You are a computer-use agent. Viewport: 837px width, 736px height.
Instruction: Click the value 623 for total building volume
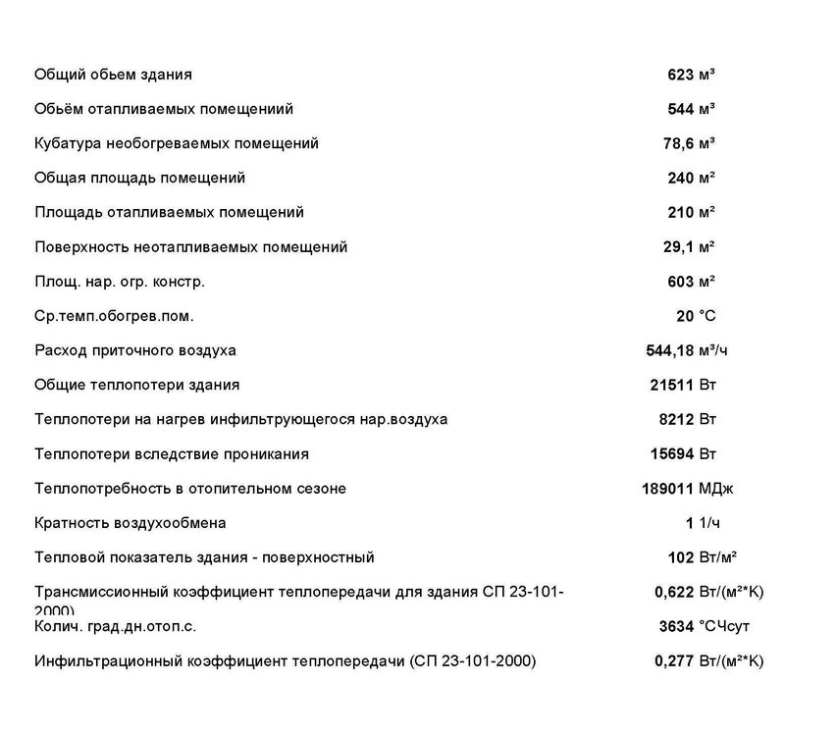pos(680,75)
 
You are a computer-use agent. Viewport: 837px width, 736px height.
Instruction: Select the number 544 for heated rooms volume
pos(680,109)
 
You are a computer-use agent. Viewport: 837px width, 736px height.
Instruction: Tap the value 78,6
pos(678,143)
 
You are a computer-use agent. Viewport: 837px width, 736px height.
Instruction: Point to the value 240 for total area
pos(680,178)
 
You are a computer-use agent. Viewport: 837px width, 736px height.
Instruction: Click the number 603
pos(680,282)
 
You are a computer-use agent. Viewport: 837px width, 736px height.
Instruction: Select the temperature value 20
pos(684,316)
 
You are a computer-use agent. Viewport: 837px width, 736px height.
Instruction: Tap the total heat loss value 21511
pos(672,385)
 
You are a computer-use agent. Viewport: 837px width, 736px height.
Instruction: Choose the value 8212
pos(676,419)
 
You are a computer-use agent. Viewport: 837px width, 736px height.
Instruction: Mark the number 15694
pos(672,453)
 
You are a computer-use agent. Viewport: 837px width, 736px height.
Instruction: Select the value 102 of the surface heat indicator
pos(680,557)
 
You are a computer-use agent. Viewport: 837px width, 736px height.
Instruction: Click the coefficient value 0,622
pos(674,592)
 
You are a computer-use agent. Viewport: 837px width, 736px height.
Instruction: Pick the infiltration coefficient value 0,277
pos(674,660)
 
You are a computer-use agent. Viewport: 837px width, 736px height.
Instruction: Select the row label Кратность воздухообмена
pos(131,523)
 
